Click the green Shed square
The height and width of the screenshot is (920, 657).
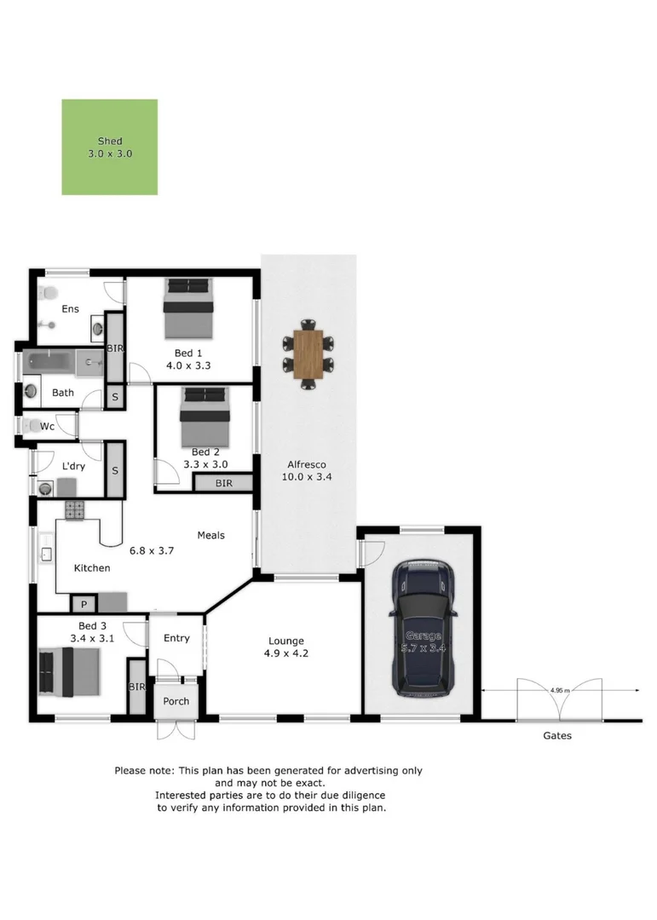(x=109, y=147)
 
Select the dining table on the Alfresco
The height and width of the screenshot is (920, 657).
(x=308, y=354)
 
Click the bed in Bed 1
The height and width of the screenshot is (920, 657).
(x=189, y=308)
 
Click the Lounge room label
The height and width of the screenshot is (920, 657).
(x=285, y=641)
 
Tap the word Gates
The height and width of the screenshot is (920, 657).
(x=557, y=735)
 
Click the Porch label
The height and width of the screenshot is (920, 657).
(x=176, y=702)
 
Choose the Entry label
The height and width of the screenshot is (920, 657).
(x=176, y=638)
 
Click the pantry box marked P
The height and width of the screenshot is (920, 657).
(x=84, y=604)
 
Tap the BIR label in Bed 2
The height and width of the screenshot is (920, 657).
(x=223, y=483)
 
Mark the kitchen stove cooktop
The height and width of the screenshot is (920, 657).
(x=74, y=511)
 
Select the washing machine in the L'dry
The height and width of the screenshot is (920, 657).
(x=44, y=488)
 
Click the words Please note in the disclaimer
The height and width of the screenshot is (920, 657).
(x=145, y=770)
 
